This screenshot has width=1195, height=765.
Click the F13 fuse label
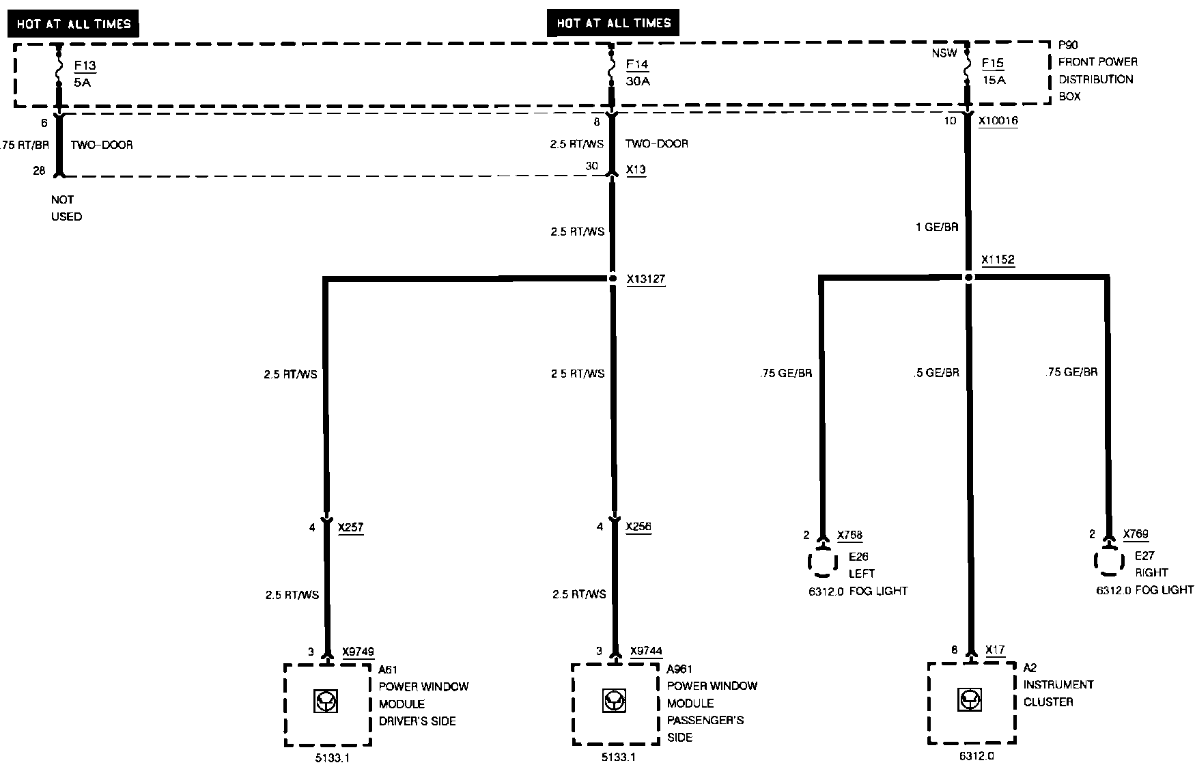[x=85, y=66]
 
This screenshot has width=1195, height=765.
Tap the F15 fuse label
[x=993, y=64]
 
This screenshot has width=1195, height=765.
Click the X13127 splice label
[x=646, y=279]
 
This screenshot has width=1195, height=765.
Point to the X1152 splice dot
[x=968, y=277]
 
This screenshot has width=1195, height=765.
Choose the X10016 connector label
[x=998, y=121]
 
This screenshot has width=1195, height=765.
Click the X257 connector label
[x=350, y=527]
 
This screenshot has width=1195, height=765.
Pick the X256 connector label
[x=638, y=527]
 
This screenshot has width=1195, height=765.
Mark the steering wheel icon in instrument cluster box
[x=970, y=700]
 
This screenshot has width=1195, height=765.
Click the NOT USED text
[x=66, y=208]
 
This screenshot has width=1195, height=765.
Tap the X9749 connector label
[x=358, y=652]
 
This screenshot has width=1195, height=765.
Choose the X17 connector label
[x=995, y=650]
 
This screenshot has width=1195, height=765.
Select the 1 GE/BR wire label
[x=937, y=227]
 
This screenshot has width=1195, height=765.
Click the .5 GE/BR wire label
[x=936, y=373]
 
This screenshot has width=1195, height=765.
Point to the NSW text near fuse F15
[x=944, y=53]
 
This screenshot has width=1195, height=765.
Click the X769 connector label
[x=1136, y=534]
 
